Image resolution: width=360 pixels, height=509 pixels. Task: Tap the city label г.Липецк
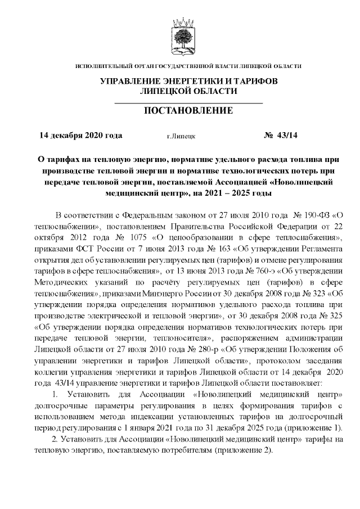point(181,136)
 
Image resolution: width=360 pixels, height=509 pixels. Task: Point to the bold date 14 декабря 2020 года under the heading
point(80,136)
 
